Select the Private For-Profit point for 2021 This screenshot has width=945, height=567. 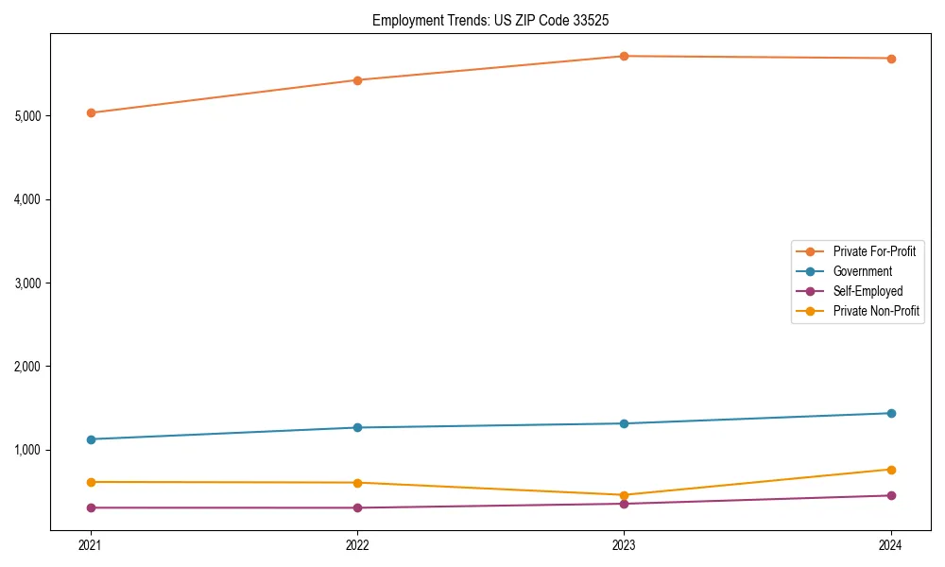91,112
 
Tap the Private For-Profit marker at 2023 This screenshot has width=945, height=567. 625,56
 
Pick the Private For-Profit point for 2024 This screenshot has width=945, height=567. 891,59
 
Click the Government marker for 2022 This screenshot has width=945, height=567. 357,427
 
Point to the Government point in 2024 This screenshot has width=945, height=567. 891,413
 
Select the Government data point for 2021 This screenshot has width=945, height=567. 91,439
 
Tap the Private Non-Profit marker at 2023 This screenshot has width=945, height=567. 625,495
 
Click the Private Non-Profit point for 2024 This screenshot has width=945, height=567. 891,470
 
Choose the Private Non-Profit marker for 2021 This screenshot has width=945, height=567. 91,482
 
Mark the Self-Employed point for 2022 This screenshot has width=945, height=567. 357,507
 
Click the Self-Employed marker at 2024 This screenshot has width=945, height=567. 891,495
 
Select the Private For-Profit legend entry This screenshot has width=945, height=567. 873,251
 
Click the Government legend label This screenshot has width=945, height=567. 862,271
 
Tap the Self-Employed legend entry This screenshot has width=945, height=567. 868,291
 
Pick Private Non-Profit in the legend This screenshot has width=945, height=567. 876,311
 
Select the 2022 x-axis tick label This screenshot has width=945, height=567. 357,545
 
